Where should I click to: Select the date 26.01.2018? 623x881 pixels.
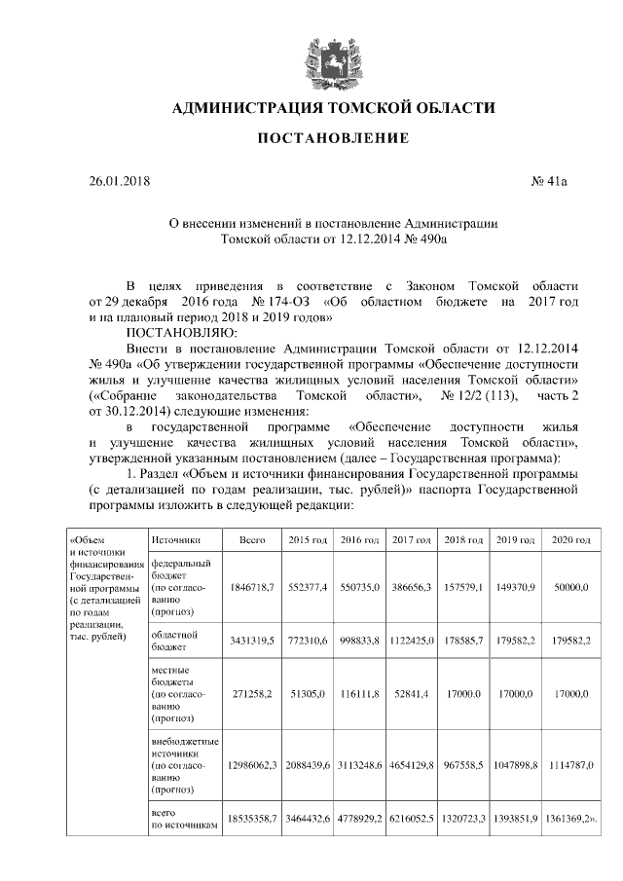point(115,181)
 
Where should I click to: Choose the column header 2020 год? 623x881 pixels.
point(570,540)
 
